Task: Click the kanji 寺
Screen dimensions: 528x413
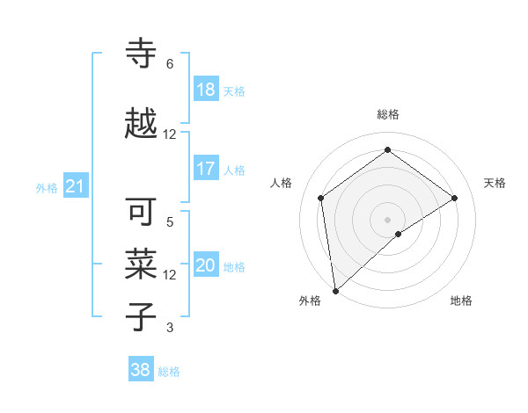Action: pyautogui.click(x=142, y=54)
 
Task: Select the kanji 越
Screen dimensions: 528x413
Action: pyautogui.click(x=142, y=124)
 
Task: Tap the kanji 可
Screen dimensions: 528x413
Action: pyautogui.click(x=142, y=212)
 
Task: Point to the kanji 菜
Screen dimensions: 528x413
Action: pyautogui.click(x=142, y=264)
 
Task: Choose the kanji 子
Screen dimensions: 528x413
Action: pyautogui.click(x=142, y=317)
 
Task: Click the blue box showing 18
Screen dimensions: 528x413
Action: pyautogui.click(x=206, y=90)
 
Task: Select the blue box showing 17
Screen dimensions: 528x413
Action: pyautogui.click(x=206, y=169)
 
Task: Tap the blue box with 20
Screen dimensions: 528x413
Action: pyautogui.click(x=206, y=265)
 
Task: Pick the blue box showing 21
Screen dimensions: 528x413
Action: pyautogui.click(x=75, y=186)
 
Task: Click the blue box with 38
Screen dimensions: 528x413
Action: pyautogui.click(x=141, y=370)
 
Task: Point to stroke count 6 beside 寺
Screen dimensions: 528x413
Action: pyautogui.click(x=170, y=64)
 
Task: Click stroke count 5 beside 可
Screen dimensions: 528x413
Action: pyautogui.click(x=170, y=222)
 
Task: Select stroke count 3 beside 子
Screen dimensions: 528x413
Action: pyautogui.click(x=170, y=328)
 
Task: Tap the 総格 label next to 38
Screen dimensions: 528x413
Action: pyautogui.click(x=169, y=372)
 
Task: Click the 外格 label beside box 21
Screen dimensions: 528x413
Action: pyautogui.click(x=47, y=187)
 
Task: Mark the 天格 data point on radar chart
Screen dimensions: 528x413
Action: pyautogui.click(x=455, y=198)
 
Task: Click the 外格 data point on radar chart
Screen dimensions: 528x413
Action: pyautogui.click(x=334, y=291)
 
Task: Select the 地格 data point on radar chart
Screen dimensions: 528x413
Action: pyautogui.click(x=399, y=234)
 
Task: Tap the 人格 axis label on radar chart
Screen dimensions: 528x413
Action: pyautogui.click(x=282, y=183)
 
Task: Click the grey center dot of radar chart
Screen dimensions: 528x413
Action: pyautogui.click(x=388, y=218)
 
